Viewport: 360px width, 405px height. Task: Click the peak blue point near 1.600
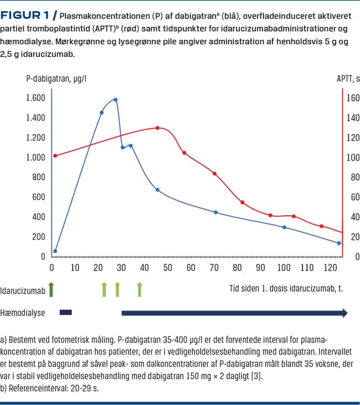[115, 100]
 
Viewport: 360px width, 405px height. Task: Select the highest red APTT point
[157, 128]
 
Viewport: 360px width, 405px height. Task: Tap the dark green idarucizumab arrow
[52, 288]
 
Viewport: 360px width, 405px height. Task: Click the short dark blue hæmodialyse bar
[65, 313]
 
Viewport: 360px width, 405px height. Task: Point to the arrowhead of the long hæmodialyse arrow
[344, 313]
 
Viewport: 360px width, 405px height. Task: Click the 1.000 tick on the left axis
[35, 158]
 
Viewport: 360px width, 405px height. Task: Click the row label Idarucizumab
[22, 289]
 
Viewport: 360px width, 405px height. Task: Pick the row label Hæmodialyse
[22, 313]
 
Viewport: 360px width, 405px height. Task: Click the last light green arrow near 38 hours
[140, 288]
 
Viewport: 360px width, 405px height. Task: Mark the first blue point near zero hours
[55, 251]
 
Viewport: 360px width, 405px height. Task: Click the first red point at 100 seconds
[55, 155]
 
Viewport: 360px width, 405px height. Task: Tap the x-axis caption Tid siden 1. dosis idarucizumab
[286, 288]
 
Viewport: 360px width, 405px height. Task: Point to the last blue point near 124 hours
[339, 243]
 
